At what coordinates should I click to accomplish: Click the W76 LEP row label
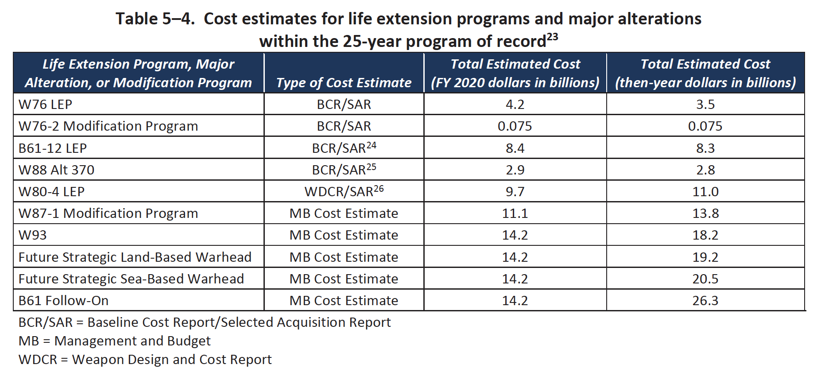click(45, 104)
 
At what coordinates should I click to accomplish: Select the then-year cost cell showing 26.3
click(705, 300)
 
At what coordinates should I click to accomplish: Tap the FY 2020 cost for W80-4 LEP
click(515, 191)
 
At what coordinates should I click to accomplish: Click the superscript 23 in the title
click(552, 36)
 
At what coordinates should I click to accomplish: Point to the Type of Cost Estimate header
click(344, 82)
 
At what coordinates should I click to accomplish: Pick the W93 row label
click(32, 235)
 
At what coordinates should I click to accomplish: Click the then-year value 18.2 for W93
click(705, 235)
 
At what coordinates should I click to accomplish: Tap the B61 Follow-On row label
click(63, 300)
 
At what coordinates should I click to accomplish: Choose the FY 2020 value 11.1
click(515, 213)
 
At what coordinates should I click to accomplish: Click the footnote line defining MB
click(114, 341)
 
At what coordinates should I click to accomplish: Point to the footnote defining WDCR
click(145, 359)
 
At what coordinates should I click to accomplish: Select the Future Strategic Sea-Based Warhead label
click(131, 279)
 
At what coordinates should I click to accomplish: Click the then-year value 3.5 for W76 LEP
click(705, 104)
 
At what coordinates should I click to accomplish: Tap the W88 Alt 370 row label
click(56, 170)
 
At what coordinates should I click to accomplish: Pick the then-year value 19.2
click(705, 257)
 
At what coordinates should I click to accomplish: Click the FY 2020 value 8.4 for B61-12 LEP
click(515, 148)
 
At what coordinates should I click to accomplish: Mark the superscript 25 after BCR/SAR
click(371, 167)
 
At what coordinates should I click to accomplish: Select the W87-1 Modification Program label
click(108, 213)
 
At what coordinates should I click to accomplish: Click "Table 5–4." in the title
click(155, 19)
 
